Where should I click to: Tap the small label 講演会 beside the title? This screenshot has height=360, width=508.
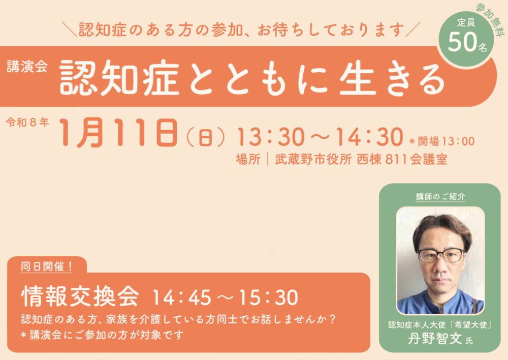(x=27, y=68)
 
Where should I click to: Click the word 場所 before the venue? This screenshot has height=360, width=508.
(x=248, y=159)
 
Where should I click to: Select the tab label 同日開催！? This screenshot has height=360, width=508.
(x=47, y=265)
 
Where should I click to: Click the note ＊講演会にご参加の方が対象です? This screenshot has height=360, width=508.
(x=102, y=335)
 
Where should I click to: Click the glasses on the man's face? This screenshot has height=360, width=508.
(x=440, y=254)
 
